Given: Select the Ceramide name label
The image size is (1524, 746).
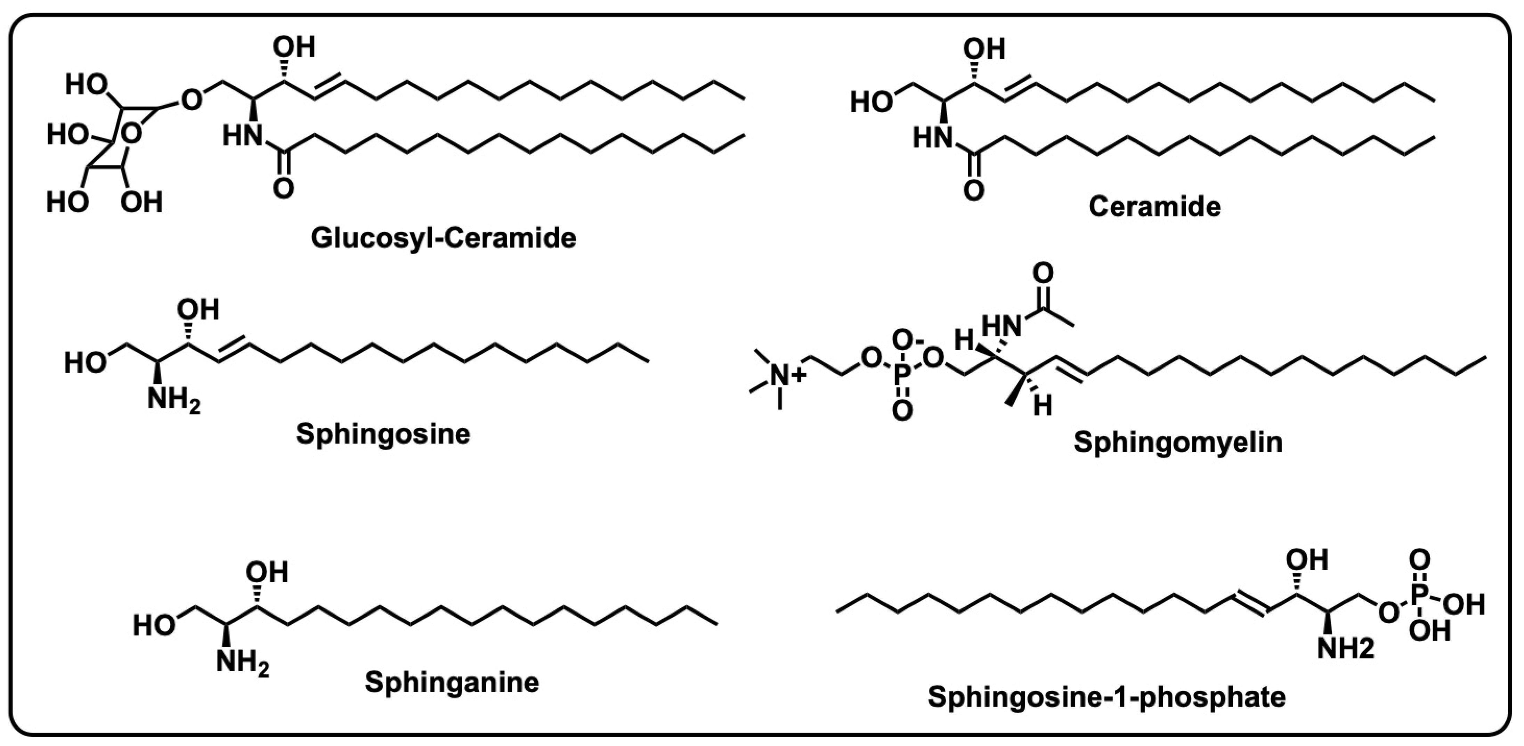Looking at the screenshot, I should (1154, 206).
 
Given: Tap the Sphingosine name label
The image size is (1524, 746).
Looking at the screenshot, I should (383, 433).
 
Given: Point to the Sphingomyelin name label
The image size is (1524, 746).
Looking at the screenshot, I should (1178, 442).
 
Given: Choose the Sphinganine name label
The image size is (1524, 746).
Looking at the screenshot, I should (452, 682).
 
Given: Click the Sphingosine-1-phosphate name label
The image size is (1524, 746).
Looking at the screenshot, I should (1106, 697).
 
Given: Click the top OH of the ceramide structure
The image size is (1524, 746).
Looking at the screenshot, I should (984, 49).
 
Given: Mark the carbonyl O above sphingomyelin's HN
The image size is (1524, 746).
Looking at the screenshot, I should (1043, 273).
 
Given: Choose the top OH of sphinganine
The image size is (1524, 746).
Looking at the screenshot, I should (266, 572).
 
